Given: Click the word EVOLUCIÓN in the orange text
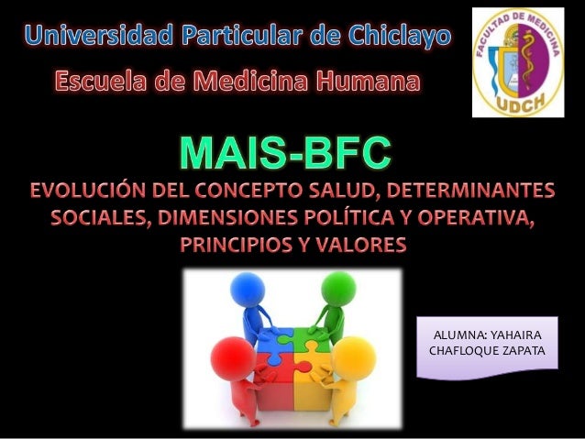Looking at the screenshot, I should click(96, 193).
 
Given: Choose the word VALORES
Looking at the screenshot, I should click(360, 247).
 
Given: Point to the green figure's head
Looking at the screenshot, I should click(339, 288).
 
